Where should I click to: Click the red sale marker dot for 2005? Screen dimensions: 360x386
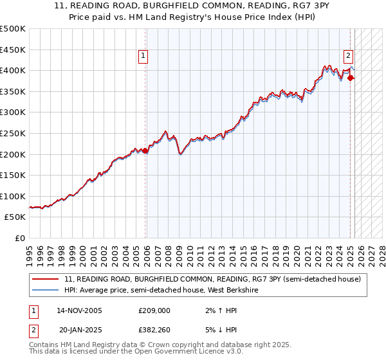coord(145,150)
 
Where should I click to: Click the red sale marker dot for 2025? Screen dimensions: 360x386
coord(351,78)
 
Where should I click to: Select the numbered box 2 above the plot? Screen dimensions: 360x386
coord(348,55)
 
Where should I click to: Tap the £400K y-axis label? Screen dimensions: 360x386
coord(13,70)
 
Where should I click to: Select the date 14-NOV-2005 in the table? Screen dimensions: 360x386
coord(80,310)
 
